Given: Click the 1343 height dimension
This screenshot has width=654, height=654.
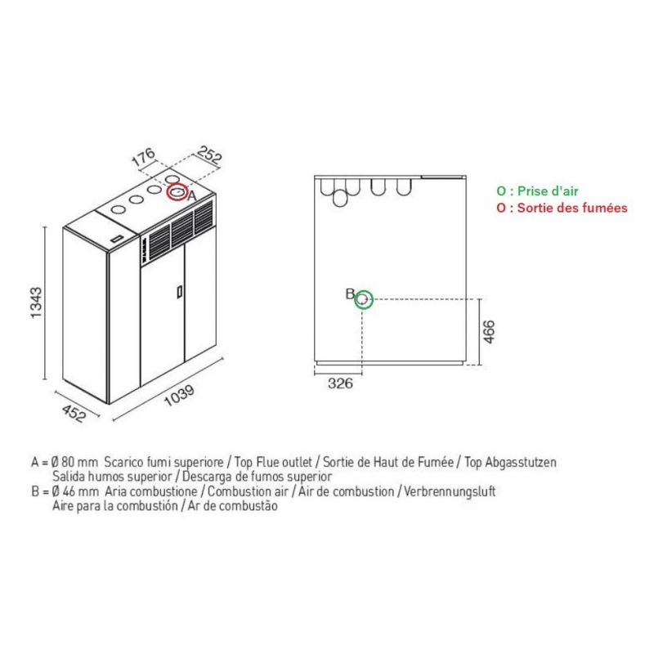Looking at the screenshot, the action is coord(37,302).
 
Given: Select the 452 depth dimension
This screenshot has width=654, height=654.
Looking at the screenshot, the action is coord(74,414).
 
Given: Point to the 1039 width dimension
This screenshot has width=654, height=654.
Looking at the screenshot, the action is coord(179,396).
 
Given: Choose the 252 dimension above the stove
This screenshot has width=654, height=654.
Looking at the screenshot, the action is coord(209,155).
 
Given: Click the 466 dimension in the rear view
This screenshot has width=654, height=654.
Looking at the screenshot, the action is coord(488,332).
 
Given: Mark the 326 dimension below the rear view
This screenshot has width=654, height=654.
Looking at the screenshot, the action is coord(340,383).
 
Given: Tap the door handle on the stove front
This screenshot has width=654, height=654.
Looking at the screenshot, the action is coord(179,291).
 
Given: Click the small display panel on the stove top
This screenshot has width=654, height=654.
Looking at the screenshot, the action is coord(117,240).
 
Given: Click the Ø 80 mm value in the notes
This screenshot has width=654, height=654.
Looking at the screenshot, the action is coord(74,462).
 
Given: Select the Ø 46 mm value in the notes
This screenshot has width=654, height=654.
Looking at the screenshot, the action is coord(75,491).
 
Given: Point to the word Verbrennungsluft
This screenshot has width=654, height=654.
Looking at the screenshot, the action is coord(450,491).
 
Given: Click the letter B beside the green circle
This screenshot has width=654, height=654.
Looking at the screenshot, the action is coord(350,294).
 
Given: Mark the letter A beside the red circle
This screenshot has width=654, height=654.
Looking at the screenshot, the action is coord(191,195).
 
